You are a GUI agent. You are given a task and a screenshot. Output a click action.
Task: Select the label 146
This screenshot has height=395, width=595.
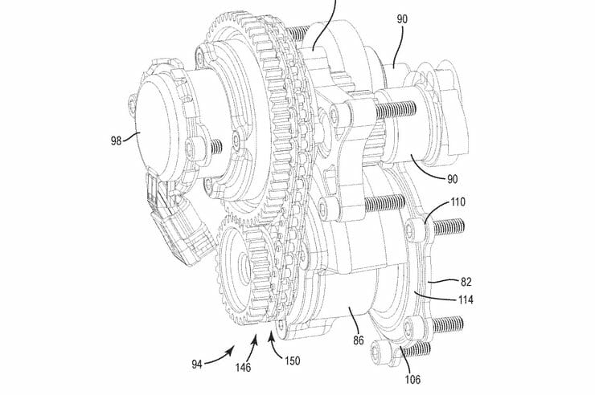(x=244, y=369)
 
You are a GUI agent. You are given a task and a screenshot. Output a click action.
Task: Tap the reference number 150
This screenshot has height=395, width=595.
(x=291, y=360)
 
